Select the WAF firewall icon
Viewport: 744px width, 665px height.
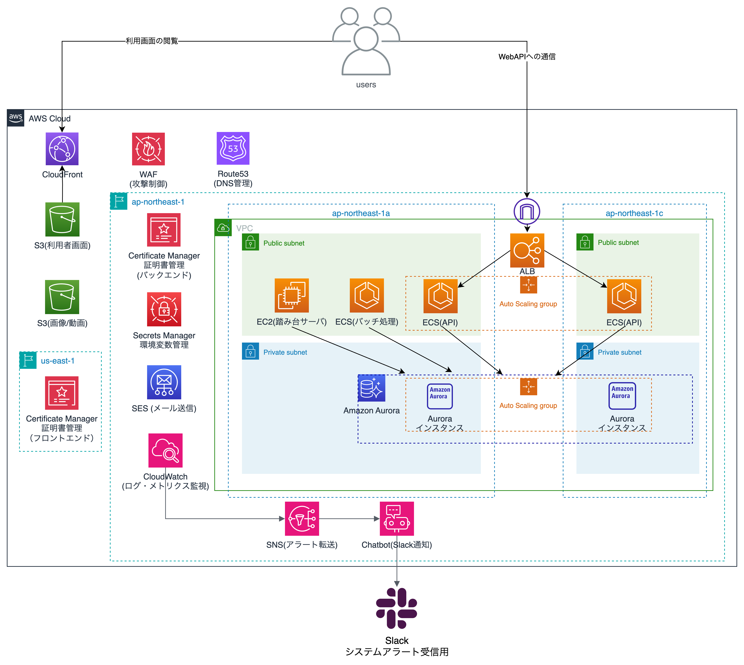point(148,149)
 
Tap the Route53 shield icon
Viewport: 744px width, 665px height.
point(233,148)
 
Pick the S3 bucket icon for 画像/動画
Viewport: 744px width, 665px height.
point(62,297)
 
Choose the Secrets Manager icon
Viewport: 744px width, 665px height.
point(164,309)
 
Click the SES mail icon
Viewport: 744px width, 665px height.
point(164,382)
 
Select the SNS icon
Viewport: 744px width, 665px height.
point(302,519)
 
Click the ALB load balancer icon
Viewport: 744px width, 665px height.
point(527,250)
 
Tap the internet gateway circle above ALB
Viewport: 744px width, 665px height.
point(527,211)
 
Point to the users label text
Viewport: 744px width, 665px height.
point(366,85)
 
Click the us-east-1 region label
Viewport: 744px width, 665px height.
point(58,361)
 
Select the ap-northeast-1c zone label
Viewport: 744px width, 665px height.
point(634,213)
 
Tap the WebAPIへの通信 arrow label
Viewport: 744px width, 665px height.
point(527,57)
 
